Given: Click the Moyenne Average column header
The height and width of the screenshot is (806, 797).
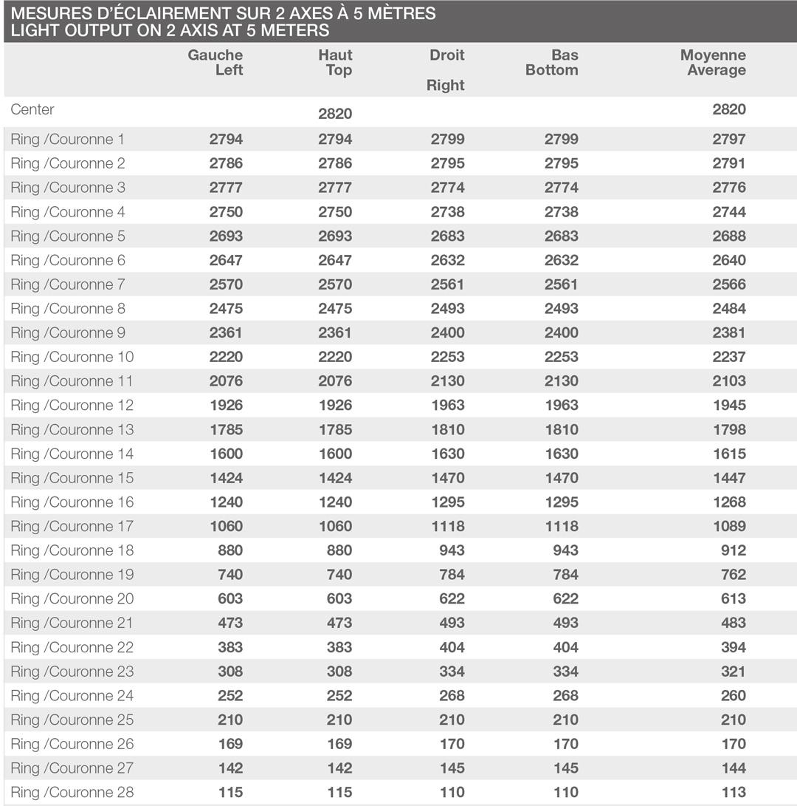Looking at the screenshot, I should pyautogui.click(x=713, y=63).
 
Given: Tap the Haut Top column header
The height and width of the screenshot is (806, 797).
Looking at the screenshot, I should pyautogui.click(x=335, y=63).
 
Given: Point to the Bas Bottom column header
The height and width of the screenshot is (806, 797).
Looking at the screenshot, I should pyautogui.click(x=551, y=63).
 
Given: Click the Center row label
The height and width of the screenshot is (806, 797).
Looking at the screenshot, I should pyautogui.click(x=32, y=109).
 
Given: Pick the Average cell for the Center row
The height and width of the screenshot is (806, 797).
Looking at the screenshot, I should pyautogui.click(x=729, y=109).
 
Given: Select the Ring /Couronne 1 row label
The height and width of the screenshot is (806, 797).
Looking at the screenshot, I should pyautogui.click(x=68, y=139).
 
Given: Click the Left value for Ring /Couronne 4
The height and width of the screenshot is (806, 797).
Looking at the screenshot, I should pyautogui.click(x=226, y=212).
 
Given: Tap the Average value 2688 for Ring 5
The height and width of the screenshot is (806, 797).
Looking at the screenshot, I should pyautogui.click(x=729, y=236).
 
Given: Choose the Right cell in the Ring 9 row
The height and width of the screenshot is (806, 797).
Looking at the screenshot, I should pyautogui.click(x=447, y=333).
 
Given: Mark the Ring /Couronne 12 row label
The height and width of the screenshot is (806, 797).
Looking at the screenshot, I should pyautogui.click(x=72, y=406).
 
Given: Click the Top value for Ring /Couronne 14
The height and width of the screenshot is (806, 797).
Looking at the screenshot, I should pyautogui.click(x=335, y=454).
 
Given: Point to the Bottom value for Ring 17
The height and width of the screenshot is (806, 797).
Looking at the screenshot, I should pyautogui.click(x=561, y=527).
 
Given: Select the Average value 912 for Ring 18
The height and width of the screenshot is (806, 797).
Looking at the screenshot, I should pyautogui.click(x=734, y=551).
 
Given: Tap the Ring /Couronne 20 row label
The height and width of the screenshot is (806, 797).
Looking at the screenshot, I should pyautogui.click(x=72, y=599).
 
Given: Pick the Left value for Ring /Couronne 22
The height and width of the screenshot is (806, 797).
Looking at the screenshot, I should pyautogui.click(x=230, y=648).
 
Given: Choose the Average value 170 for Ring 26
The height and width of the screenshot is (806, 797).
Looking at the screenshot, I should pyautogui.click(x=734, y=745).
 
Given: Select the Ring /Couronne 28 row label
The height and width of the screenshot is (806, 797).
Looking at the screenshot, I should pyautogui.click(x=72, y=793).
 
